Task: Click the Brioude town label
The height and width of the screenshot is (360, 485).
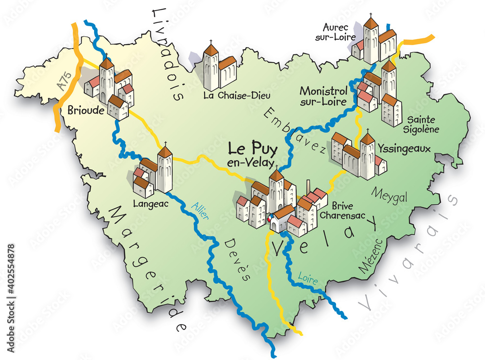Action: click(86, 110)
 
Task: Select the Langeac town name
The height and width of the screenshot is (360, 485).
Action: click(150, 204)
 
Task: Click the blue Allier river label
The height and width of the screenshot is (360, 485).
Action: click(200, 213)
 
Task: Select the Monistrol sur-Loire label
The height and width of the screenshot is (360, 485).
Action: click(323, 96)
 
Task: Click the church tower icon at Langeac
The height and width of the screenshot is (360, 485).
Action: click(165, 170)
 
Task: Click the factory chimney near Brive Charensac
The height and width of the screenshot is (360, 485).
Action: click(308, 187)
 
